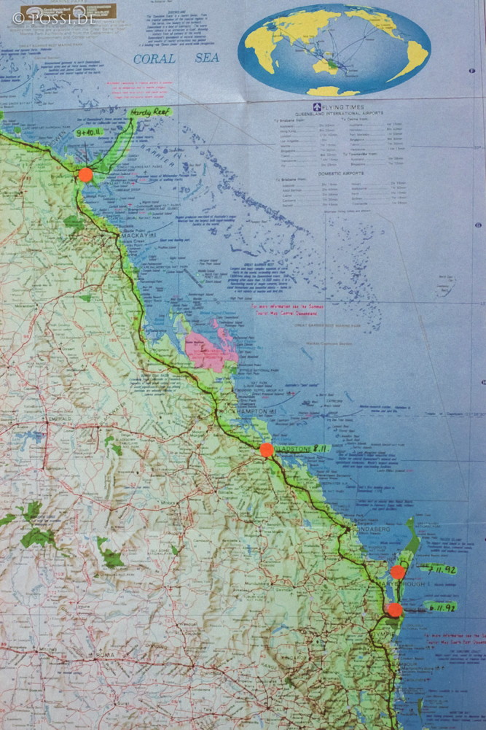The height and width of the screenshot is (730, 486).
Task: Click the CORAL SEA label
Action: point(176,58)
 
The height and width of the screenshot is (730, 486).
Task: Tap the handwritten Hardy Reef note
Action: point(149,112)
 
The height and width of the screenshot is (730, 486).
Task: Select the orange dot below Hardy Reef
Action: point(86,174)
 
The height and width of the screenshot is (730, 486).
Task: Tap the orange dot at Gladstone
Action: point(267,450)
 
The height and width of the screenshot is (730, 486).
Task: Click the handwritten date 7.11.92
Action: point(438,569)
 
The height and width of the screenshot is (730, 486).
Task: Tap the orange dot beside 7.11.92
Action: point(398,572)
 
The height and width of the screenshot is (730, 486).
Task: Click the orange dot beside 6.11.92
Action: point(394,610)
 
